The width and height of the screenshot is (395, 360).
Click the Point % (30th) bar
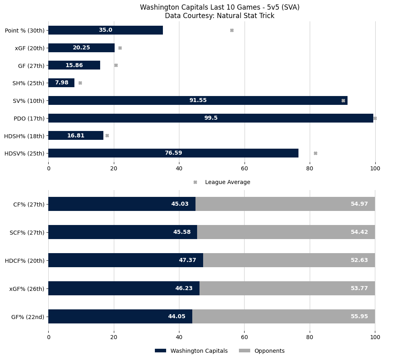point(105,30)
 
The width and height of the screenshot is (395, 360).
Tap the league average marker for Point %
point(232,30)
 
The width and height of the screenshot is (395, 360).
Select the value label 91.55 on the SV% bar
point(198,100)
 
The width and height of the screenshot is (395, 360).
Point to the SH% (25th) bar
point(61,83)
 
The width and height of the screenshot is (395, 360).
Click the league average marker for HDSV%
point(315,153)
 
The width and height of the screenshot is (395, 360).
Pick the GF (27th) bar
point(74,65)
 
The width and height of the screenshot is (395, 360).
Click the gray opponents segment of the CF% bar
point(285,204)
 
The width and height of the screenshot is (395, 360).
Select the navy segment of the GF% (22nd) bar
point(120,316)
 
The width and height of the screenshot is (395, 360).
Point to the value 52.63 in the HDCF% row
point(359,260)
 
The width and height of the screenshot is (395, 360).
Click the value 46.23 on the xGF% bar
point(183,288)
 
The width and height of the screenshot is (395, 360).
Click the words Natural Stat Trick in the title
point(249,16)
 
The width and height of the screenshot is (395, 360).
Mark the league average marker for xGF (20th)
point(120,48)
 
